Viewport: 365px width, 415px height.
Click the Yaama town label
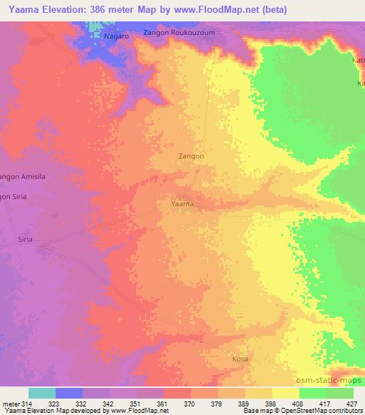pos(183,204)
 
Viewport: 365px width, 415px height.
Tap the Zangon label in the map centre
pos(190,155)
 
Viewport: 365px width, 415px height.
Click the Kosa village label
pos(240,359)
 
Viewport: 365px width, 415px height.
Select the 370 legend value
pos(188,404)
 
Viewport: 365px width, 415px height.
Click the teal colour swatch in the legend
pos(42,393)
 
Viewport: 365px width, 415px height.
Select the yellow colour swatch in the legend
pos(286,393)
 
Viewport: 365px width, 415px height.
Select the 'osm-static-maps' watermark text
pos(334,381)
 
